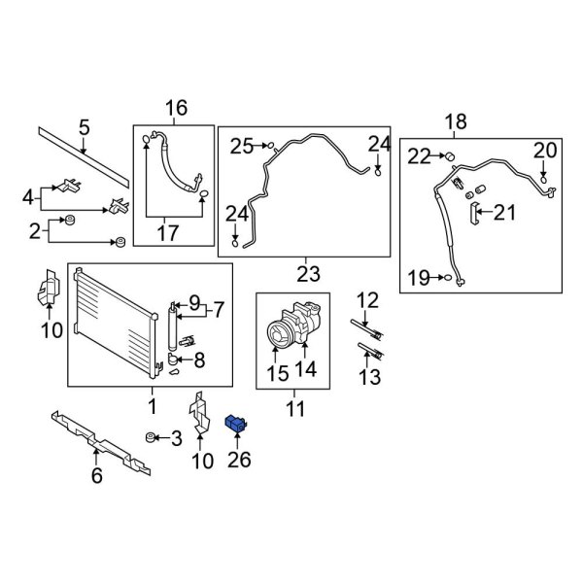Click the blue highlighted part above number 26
(237, 423)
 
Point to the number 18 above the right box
(455, 121)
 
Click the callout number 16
(175, 107)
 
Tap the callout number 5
(84, 126)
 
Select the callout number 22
(419, 156)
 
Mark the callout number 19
(417, 278)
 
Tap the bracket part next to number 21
(475, 212)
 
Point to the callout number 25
(241, 146)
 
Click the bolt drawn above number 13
(372, 347)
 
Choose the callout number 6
(96, 476)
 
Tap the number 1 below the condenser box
(151, 402)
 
